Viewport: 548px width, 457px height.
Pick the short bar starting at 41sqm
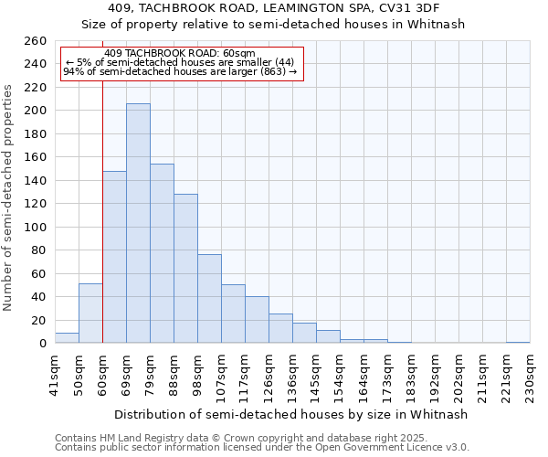pos(67,338)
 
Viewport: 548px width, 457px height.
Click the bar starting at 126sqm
pos(280,329)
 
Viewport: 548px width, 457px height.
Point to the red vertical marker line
pos(102,228)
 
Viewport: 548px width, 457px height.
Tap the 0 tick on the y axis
pos(42,344)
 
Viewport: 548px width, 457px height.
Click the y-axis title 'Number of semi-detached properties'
pos(8,197)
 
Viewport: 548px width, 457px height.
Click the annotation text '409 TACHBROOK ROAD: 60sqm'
pos(180,54)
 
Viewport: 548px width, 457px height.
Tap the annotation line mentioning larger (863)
pos(180,72)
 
